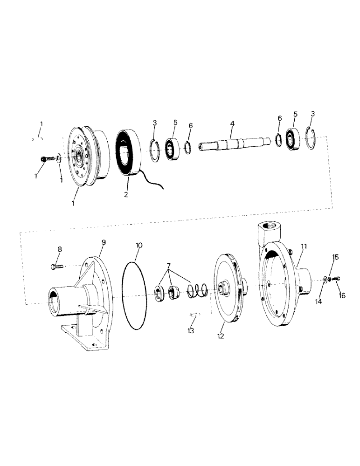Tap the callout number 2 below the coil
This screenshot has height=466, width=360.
point(126,194)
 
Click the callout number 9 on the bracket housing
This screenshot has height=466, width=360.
point(104,242)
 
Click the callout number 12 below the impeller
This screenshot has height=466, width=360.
point(221,336)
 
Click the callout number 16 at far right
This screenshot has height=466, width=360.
point(343,295)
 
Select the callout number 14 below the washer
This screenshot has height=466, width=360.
point(318,302)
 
